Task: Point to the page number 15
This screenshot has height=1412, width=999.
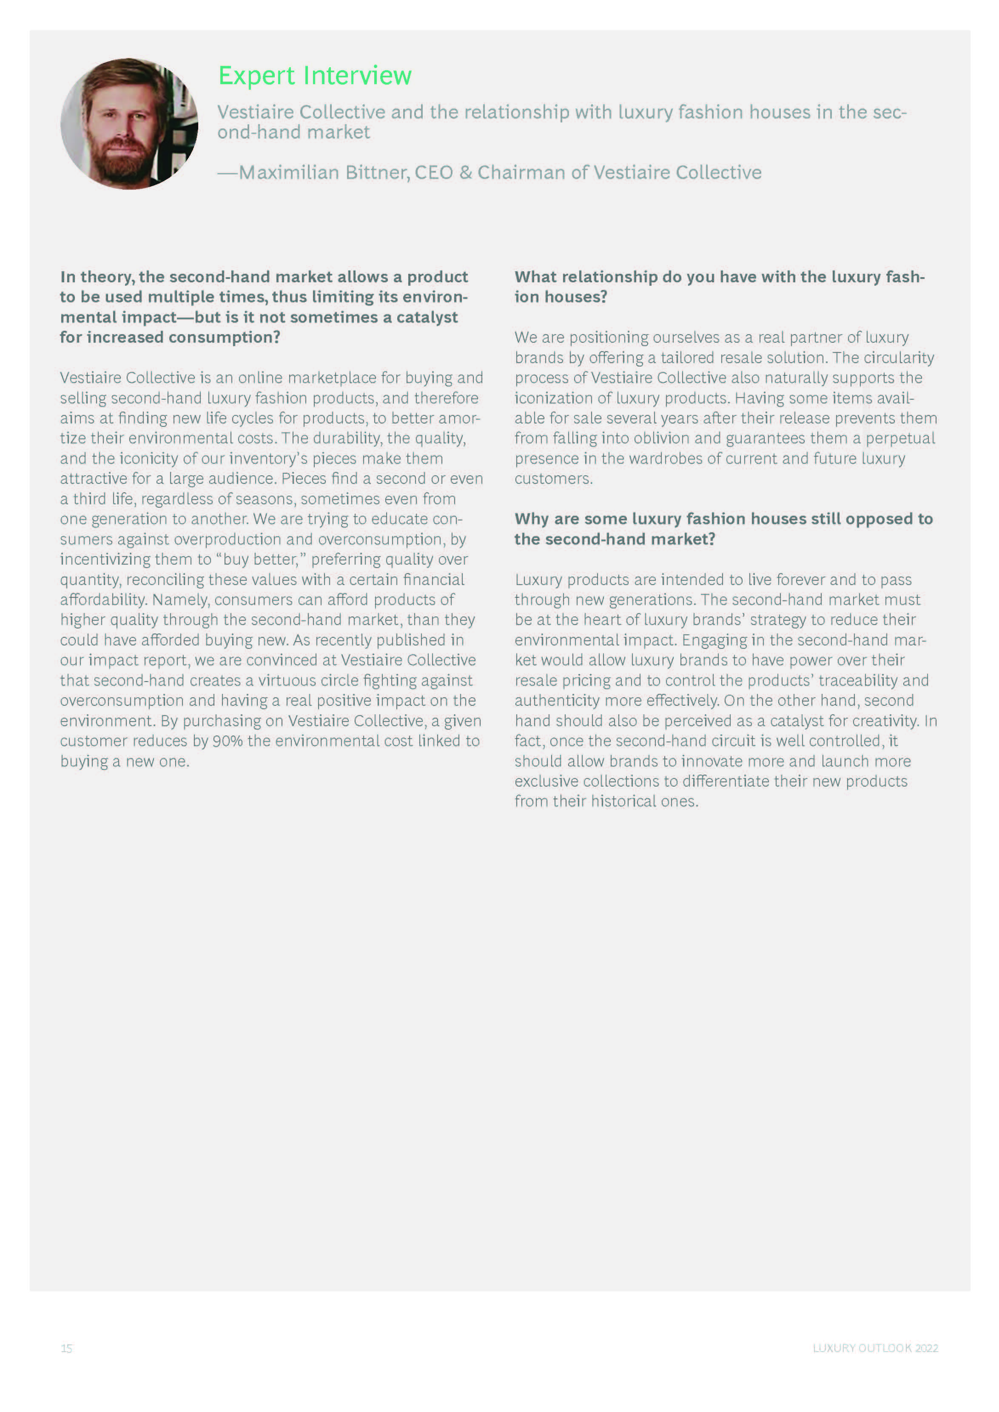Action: [66, 1348]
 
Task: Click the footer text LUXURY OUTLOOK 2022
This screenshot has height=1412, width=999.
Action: [875, 1348]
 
